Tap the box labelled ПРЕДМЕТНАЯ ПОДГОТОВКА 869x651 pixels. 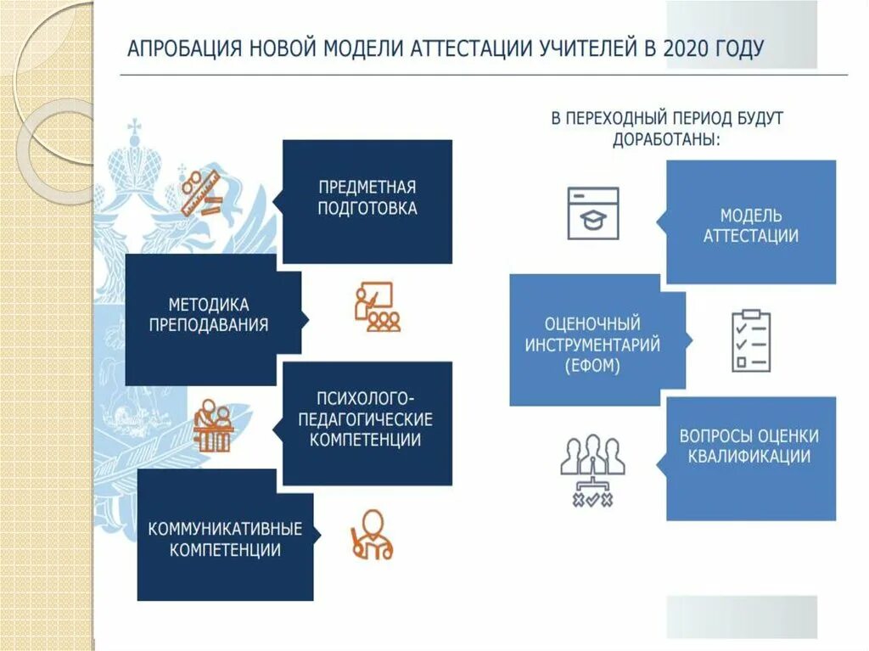click(367, 201)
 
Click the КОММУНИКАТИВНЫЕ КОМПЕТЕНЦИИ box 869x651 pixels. click(225, 536)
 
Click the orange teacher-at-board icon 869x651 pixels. click(377, 306)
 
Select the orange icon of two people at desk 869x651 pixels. click(212, 425)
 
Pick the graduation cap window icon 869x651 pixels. click(593, 213)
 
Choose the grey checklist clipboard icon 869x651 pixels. click(751, 340)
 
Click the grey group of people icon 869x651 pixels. click(592, 470)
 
